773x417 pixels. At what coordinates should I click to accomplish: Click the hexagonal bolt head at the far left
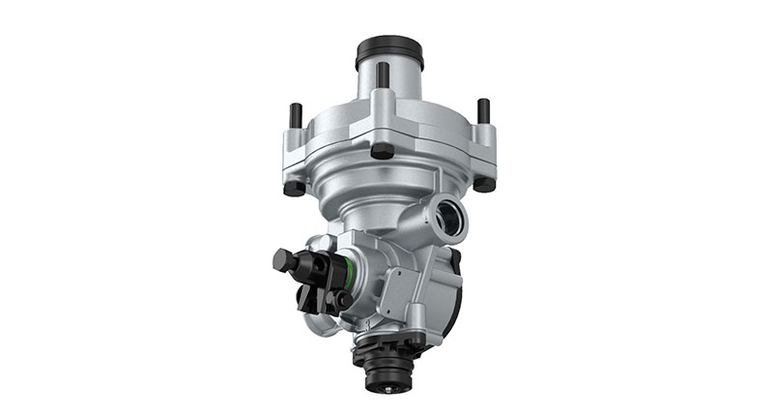click(282, 259)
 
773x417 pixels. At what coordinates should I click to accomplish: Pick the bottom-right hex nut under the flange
click(483, 183)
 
